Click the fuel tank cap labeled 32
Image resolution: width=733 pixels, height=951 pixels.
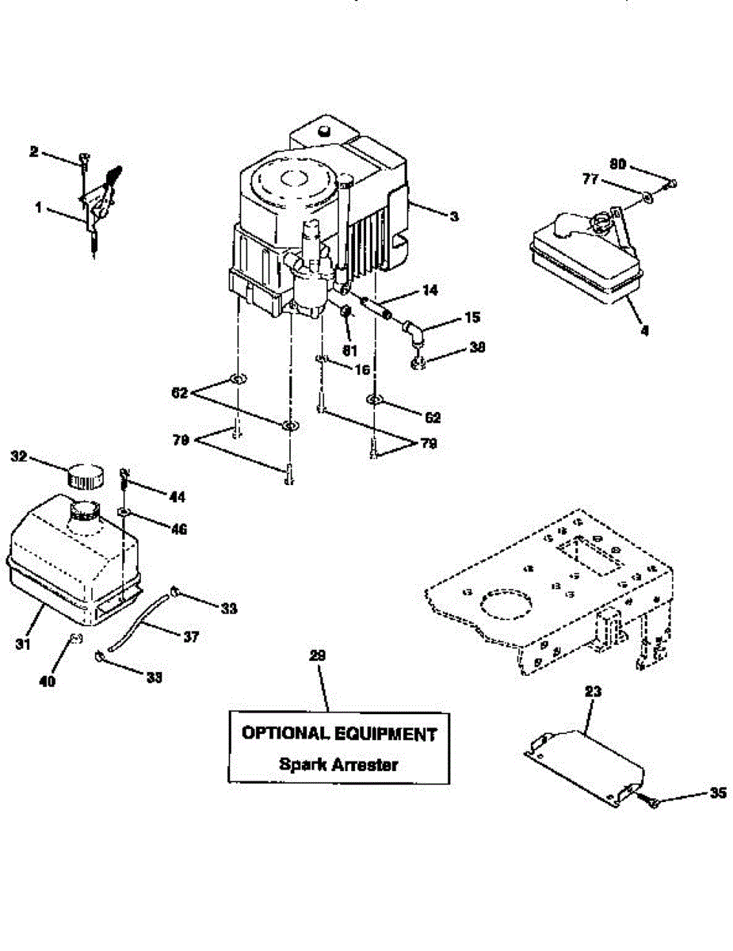coord(84,476)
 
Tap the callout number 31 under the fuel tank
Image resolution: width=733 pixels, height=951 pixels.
coord(23,645)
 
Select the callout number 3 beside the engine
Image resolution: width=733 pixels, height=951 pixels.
coord(453,216)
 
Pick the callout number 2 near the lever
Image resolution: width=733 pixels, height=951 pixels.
coord(33,151)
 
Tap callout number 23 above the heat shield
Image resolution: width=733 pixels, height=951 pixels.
coord(594,691)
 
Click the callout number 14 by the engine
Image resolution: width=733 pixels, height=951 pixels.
coord(429,291)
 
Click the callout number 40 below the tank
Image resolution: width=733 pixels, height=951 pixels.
coord(48,681)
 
